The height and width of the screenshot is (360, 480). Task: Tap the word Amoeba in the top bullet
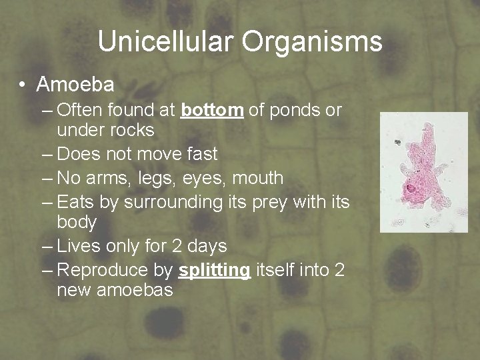(75, 85)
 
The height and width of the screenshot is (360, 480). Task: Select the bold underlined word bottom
(212, 110)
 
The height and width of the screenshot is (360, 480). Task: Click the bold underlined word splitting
(215, 270)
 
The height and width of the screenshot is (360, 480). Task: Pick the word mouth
(258, 178)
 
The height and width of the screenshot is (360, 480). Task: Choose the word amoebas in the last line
(139, 290)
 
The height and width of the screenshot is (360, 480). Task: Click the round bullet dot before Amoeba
(23, 85)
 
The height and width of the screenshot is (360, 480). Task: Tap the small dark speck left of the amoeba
(397, 142)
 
